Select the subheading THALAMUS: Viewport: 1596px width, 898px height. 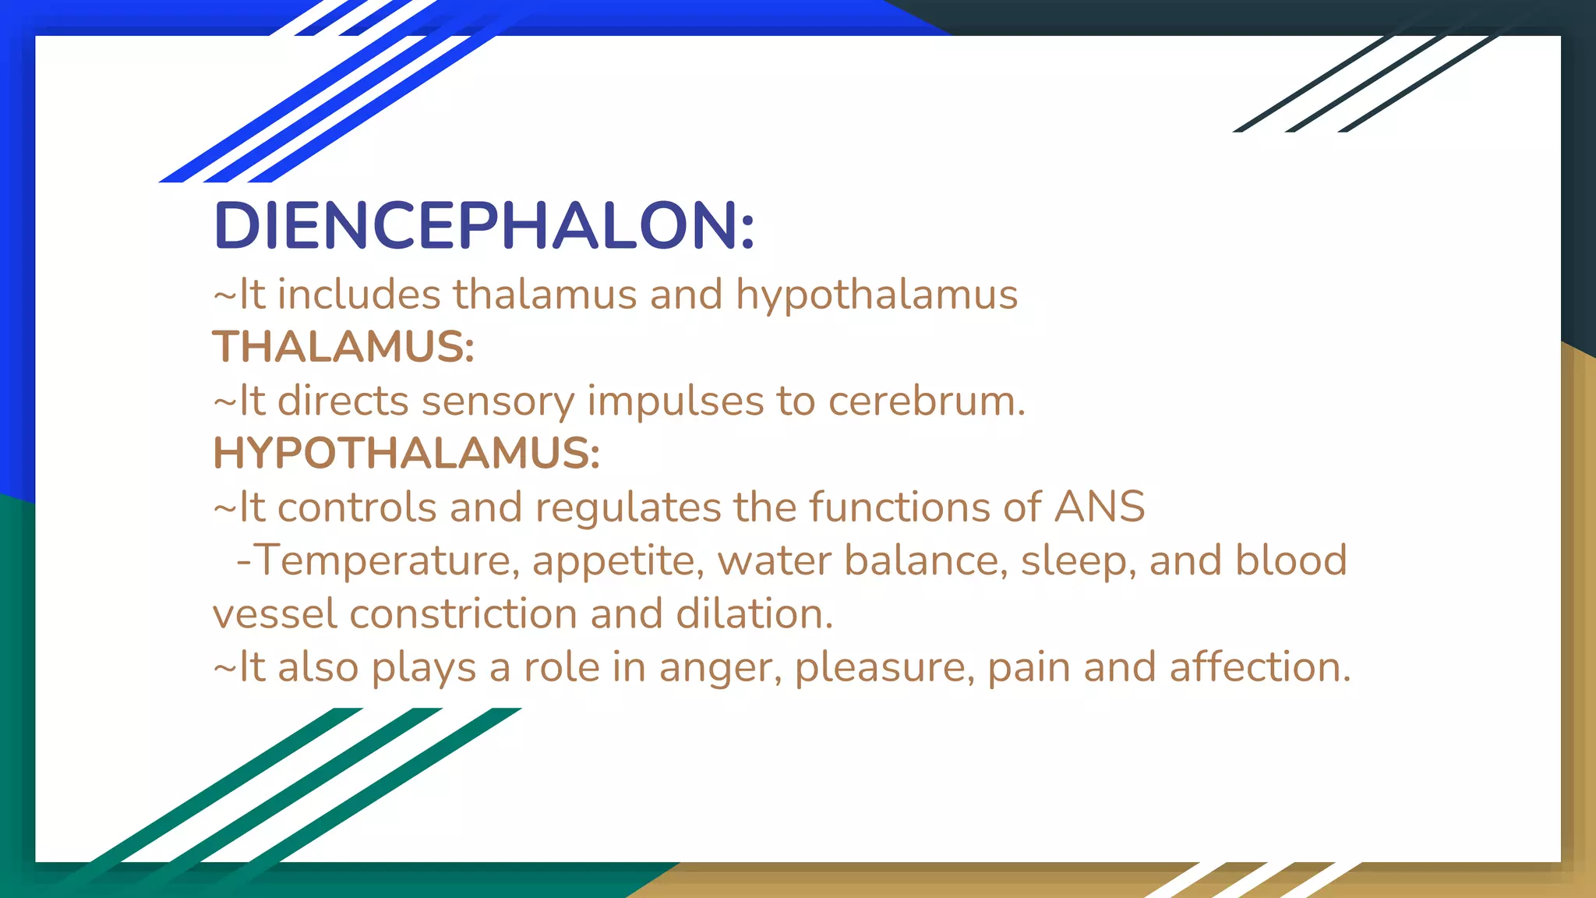point(344,347)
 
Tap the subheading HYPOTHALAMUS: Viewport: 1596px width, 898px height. point(406,454)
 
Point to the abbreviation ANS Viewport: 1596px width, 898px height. point(1100,507)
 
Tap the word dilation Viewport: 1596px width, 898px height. point(754,614)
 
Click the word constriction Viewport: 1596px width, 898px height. point(463,614)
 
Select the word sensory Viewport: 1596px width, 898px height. point(497,401)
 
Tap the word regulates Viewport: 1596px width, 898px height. point(627,508)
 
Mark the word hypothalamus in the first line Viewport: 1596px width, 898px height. point(877,295)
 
